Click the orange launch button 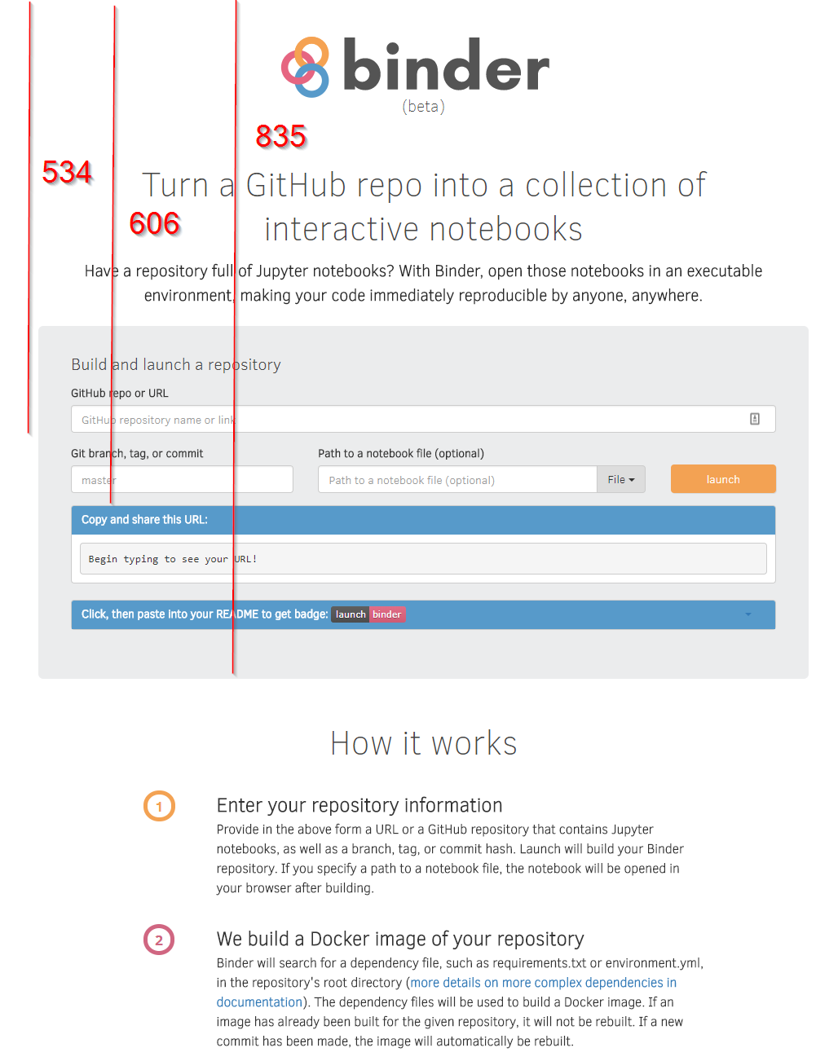point(722,479)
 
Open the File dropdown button point(620,480)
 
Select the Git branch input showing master point(181,480)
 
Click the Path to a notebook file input point(456,480)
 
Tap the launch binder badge point(368,614)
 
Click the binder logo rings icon point(306,67)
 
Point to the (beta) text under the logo point(423,107)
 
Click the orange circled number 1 point(159,806)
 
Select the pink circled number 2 point(159,940)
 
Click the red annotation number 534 point(67,172)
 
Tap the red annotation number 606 point(154,223)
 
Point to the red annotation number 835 point(280,136)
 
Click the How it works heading point(423,743)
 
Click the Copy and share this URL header point(144,520)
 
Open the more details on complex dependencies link point(543,983)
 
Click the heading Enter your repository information point(359,805)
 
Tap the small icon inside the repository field point(755,419)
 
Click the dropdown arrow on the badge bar point(748,614)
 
